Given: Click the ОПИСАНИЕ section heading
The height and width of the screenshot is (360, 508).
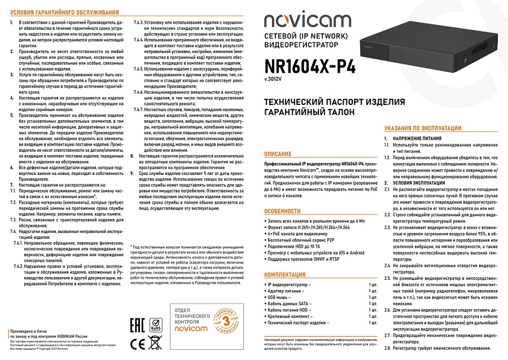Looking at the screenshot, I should (x=278, y=154).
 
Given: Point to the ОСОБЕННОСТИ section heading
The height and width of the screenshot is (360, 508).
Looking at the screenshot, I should (x=283, y=211).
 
